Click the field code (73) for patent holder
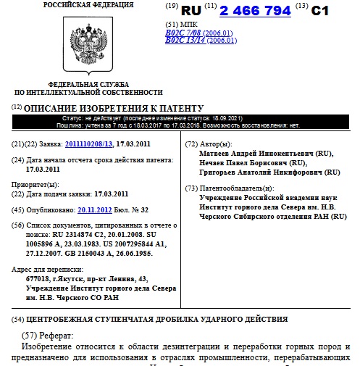(x=191, y=188)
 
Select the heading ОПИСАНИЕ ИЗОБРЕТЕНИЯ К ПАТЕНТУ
(x=114, y=108)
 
